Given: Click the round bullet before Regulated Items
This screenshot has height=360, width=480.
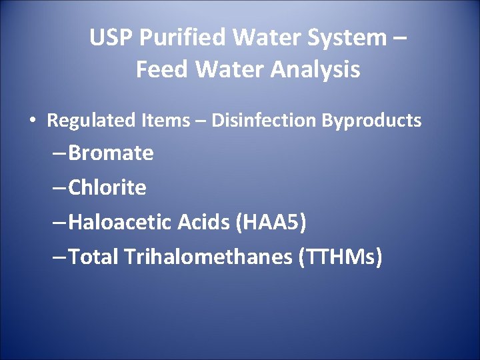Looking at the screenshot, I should (31, 121).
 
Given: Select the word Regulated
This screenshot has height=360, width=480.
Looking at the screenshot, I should (91, 121).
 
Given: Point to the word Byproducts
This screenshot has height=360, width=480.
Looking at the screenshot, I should (372, 121).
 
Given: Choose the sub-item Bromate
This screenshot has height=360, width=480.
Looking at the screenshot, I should (111, 153).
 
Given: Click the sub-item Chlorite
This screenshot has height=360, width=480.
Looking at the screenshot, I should (107, 188).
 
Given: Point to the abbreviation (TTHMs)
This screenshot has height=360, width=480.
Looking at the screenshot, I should (342, 257).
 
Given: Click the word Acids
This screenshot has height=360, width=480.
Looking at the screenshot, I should (203, 223).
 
